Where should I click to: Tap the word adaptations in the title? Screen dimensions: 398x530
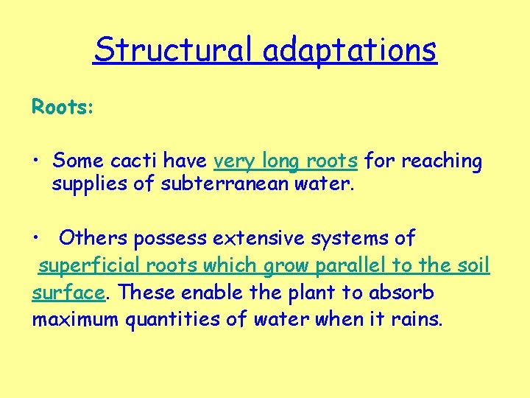[350, 50]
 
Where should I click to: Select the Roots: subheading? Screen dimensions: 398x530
[63, 107]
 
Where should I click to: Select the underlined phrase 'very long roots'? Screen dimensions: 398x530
[286, 160]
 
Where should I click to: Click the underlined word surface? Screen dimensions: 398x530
[68, 293]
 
